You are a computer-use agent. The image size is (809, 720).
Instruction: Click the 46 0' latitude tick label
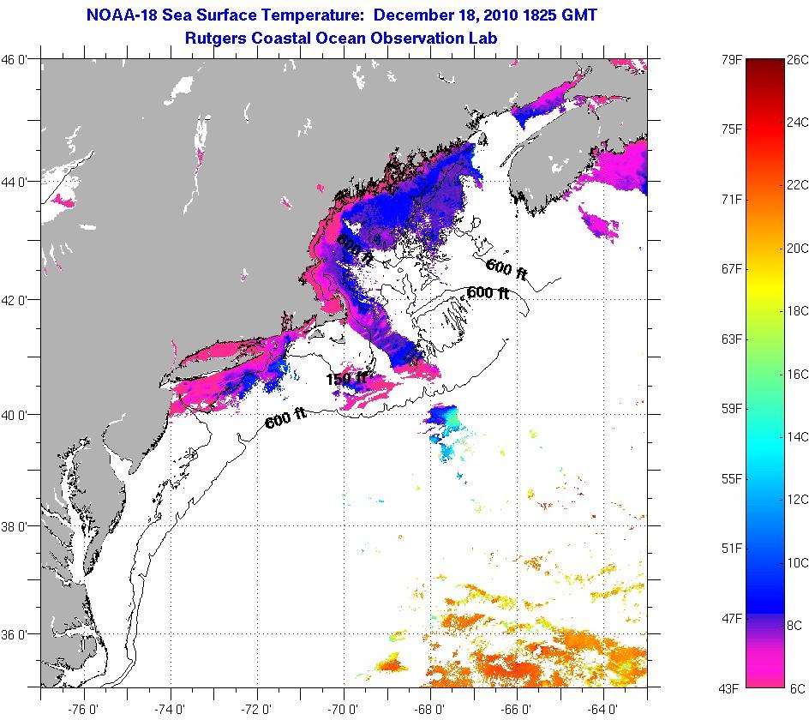(18, 60)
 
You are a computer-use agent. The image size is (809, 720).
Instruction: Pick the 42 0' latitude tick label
(18, 299)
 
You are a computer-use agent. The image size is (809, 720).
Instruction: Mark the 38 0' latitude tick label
(18, 525)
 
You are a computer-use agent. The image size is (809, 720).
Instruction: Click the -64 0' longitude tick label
(603, 708)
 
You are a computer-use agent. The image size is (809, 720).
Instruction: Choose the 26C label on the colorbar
(797, 60)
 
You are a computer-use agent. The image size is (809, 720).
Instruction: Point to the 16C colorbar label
(797, 374)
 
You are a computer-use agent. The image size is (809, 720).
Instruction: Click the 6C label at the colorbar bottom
(797, 688)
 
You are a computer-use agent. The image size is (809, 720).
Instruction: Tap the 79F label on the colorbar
(733, 60)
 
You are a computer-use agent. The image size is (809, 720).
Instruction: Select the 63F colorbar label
(733, 339)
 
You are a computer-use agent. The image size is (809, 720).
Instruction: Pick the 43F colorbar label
(733, 688)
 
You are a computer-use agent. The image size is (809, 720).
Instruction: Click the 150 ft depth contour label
(345, 378)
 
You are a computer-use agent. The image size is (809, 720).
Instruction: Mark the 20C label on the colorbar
(797, 249)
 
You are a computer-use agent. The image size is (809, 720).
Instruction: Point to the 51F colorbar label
(733, 549)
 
